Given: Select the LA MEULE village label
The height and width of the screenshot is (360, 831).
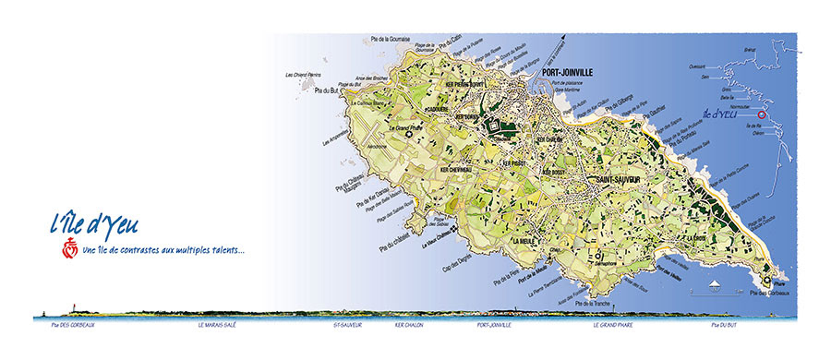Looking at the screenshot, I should [x=525, y=240].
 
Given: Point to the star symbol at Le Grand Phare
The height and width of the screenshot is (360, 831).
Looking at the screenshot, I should [x=409, y=136].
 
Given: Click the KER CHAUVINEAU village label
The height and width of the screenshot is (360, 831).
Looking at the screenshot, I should [x=456, y=170].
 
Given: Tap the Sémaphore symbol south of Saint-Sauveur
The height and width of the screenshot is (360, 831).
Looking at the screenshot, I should [x=598, y=256].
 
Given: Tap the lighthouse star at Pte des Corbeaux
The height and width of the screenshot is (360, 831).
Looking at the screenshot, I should [x=766, y=280].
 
